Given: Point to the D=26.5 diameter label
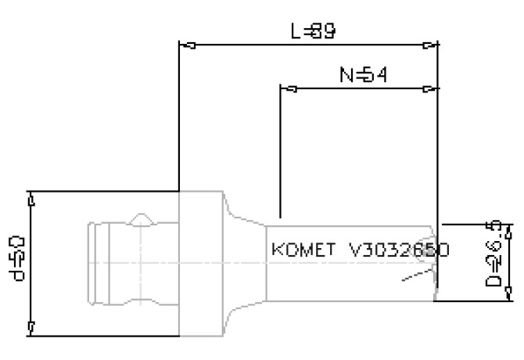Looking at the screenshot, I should [498, 260].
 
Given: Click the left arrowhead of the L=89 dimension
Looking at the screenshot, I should [185, 45].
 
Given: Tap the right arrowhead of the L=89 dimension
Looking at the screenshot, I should [429, 45].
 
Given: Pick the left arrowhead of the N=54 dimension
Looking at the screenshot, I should [287, 88].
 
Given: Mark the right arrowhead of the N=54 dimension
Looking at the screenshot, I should [429, 88].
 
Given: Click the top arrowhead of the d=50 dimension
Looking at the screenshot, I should [31, 200].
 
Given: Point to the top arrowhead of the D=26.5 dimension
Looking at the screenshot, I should [509, 230].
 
